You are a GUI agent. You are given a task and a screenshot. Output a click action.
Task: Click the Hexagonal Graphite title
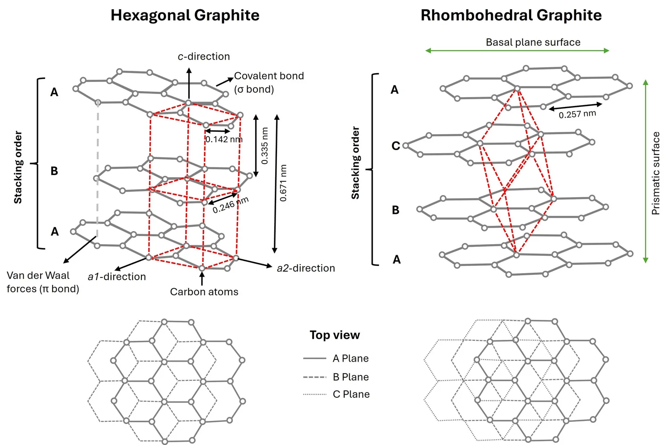(185, 15)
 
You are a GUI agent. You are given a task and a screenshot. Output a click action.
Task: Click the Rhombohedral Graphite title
(511, 15)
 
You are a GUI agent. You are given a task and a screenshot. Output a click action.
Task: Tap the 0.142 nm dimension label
(224, 139)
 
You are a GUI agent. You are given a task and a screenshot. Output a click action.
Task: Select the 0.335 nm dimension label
(265, 146)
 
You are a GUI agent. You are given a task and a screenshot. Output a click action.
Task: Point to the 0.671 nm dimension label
(283, 183)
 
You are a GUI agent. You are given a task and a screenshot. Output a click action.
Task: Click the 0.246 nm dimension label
(230, 205)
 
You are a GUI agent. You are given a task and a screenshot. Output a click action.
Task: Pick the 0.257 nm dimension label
(577, 114)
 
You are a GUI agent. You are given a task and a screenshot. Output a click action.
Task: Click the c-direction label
(204, 57)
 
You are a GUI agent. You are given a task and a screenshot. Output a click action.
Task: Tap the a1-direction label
(117, 277)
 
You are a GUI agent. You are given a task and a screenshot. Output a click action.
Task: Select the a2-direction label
(306, 268)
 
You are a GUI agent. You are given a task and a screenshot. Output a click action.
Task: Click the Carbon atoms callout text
(204, 292)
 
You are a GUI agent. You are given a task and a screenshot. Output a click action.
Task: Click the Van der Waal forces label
(42, 282)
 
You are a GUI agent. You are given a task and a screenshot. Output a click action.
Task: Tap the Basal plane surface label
(533, 42)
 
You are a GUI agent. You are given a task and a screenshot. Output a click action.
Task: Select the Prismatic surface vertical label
(656, 173)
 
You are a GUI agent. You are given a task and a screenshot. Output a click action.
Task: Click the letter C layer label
(395, 146)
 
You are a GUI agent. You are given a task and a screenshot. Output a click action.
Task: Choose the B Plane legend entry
(351, 377)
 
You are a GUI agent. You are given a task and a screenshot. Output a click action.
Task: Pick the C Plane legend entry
(351, 394)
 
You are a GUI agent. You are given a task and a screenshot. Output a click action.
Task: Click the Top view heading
(334, 335)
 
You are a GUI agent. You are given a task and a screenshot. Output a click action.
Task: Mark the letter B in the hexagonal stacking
(54, 171)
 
